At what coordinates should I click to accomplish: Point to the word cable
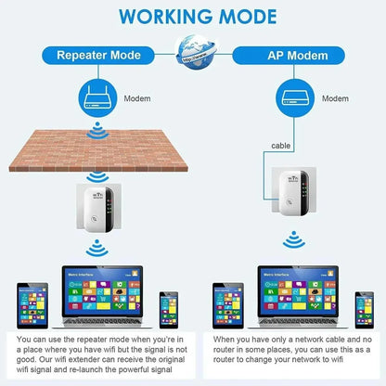click(281, 146)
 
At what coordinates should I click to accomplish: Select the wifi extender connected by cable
click(291, 196)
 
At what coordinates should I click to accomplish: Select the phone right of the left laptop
click(169, 309)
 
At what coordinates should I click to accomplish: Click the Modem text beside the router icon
click(138, 96)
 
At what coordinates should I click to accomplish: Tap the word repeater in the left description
click(104, 340)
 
